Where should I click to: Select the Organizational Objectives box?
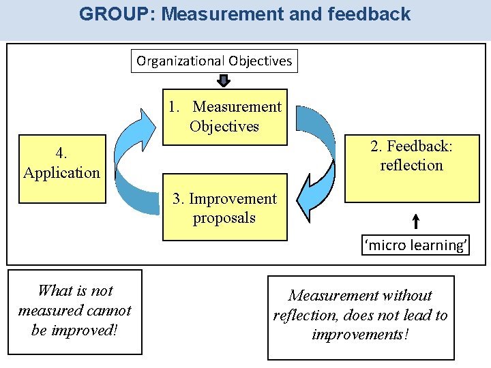(214, 61)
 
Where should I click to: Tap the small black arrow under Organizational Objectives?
(224, 80)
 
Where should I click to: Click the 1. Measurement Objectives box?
(224, 117)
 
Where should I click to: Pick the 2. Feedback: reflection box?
(411, 166)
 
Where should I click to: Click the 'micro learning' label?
(416, 245)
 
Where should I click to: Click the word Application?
(61, 172)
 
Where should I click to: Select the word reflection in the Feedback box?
(411, 166)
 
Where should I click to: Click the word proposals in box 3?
(224, 218)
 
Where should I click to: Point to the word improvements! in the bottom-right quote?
(360, 335)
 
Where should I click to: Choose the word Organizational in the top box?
(181, 61)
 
